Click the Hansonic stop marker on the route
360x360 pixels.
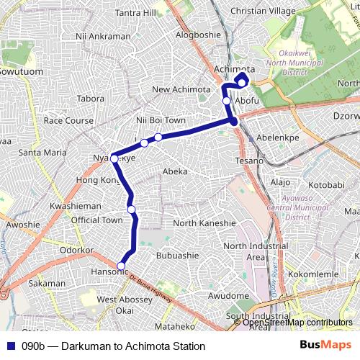(x=121, y=266)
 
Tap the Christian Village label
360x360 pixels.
(x=264, y=11)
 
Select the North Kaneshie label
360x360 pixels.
(x=204, y=223)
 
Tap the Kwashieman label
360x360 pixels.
(x=75, y=206)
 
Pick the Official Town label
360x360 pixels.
(x=97, y=220)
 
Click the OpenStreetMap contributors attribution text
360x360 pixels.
(x=297, y=323)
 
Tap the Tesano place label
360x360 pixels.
(x=251, y=161)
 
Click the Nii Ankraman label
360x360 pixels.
(x=102, y=35)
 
